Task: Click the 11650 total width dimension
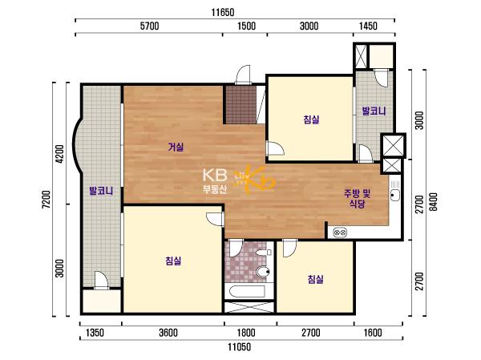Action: [x=223, y=13]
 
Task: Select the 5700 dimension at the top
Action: [x=150, y=26]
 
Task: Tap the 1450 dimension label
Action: [x=368, y=26]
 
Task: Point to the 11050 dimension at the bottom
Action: [x=239, y=347]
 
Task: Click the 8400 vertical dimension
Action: [x=433, y=202]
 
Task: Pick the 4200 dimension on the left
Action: [x=60, y=154]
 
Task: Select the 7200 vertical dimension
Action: [x=46, y=200]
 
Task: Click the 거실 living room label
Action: [x=176, y=148]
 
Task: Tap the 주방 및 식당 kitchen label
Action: [x=358, y=199]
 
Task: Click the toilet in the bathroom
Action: [x=263, y=272]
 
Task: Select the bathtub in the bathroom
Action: [x=247, y=292]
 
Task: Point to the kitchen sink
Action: [x=394, y=194]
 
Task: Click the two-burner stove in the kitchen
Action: [x=340, y=233]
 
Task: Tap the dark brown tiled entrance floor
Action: [x=240, y=105]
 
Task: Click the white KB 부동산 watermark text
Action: [x=215, y=181]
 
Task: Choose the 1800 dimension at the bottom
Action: [x=246, y=333]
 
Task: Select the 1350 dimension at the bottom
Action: [x=95, y=333]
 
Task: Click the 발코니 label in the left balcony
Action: [x=101, y=191]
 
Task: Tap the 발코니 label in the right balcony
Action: [x=374, y=111]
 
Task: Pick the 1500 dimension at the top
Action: [x=247, y=26]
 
